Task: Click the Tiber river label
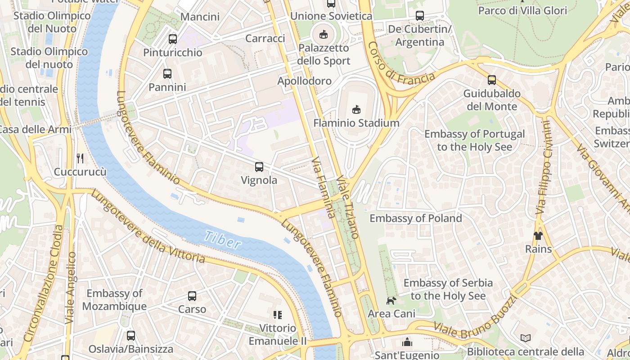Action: (222, 239)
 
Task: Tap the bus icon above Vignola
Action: (259, 167)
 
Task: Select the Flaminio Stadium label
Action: (356, 123)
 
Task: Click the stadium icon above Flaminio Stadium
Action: (356, 109)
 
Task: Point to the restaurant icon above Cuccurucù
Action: (80, 158)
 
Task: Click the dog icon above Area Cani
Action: (391, 300)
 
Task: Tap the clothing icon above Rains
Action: (538, 236)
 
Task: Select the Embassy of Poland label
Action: (415, 218)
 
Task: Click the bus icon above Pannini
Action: (167, 73)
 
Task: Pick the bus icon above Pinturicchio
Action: (173, 39)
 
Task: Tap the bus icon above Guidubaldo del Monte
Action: (492, 80)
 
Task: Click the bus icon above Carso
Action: (192, 296)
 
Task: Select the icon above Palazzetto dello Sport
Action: (323, 34)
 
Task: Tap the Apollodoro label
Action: (305, 81)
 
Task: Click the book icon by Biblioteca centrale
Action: (525, 338)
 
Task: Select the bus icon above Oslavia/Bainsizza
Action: (130, 335)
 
